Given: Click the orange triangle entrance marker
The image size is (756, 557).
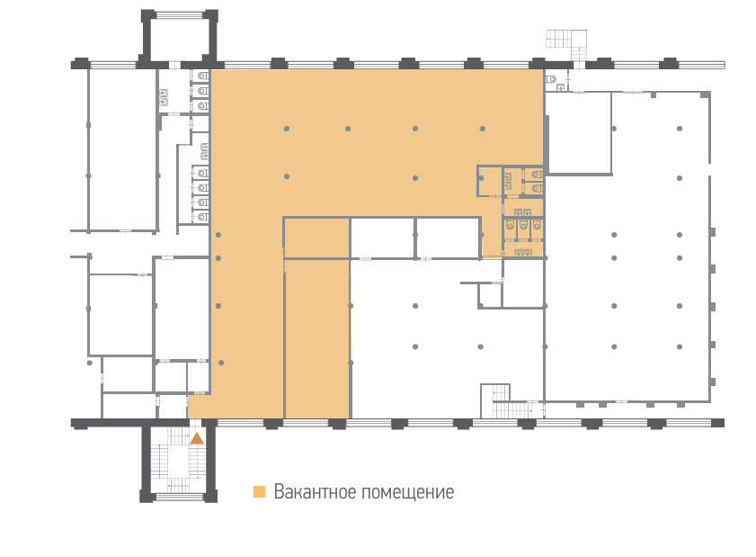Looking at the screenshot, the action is point(197,438).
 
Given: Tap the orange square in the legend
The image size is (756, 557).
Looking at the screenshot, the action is point(260,491).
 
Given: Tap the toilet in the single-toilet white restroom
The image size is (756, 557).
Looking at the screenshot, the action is point(551,78).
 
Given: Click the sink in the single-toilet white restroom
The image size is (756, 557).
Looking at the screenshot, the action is point(561,87).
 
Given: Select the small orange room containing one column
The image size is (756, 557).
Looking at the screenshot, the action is point(489,181).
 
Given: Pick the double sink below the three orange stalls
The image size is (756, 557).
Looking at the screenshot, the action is point(522,252).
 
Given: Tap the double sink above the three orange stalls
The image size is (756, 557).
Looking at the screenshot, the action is point(522,211).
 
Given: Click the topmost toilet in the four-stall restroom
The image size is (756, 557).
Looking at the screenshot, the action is point(202,173).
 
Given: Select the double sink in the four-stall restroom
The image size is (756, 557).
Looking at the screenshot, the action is point(204,151).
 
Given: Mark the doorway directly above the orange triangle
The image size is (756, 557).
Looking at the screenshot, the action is point(195,422).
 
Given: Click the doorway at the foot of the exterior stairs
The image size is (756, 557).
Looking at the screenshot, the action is point(579,65).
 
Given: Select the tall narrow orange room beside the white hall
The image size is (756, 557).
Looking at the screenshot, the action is point(317,339).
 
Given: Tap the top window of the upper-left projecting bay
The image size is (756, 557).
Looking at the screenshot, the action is point(180,15).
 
